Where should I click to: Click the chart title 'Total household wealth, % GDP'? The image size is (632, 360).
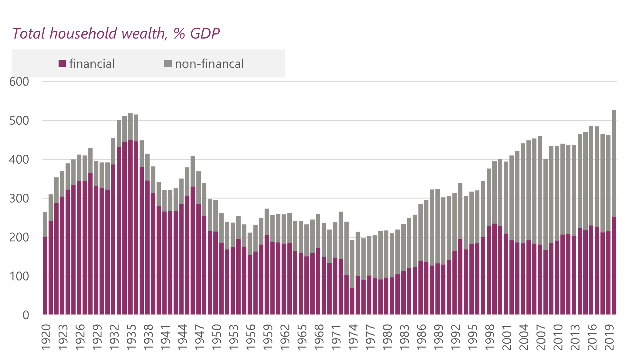tap(116, 33)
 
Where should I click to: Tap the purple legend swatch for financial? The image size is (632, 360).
tap(62, 63)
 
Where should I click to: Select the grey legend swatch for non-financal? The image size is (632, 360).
tap(168, 63)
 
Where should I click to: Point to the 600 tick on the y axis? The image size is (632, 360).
tap(19, 82)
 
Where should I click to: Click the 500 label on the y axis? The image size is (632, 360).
tap(19, 121)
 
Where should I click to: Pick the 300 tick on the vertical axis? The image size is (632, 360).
tap(19, 199)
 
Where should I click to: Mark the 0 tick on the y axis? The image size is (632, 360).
tap(26, 315)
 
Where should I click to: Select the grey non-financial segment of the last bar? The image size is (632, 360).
tap(614, 164)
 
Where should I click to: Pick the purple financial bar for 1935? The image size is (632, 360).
tap(130, 228)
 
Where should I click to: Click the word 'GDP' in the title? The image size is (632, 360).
tap(205, 33)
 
